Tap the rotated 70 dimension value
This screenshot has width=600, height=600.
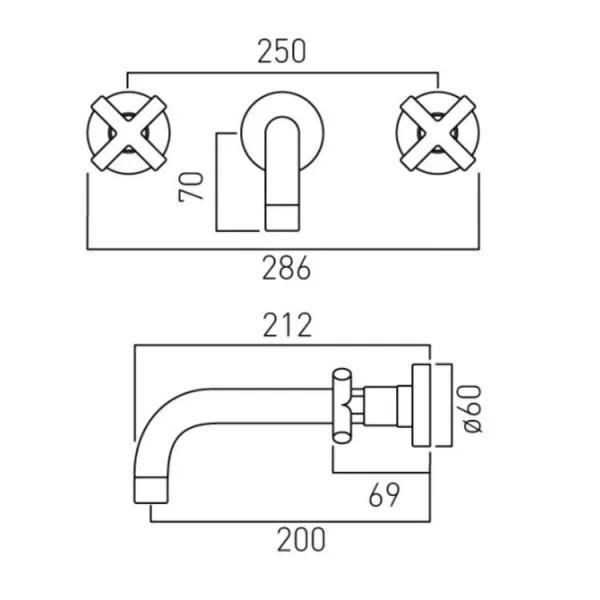pos(197,185)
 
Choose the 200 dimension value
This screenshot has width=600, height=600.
pos(300,540)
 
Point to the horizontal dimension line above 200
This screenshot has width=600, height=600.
pos(290,520)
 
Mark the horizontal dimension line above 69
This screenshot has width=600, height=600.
pos(380,472)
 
